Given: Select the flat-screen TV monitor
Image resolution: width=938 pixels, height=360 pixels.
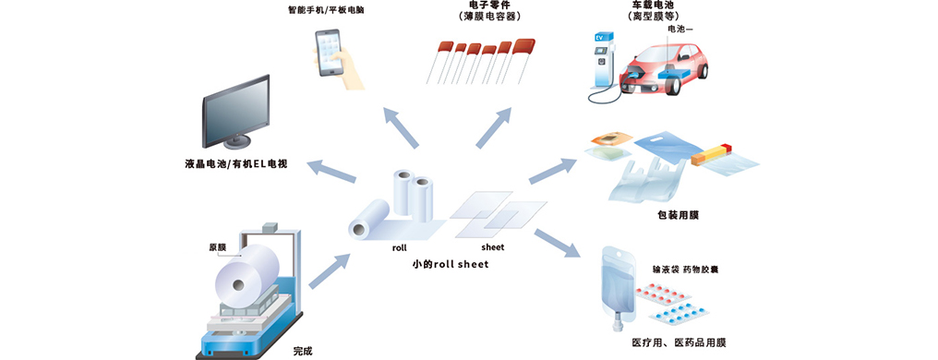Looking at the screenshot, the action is point(235,113).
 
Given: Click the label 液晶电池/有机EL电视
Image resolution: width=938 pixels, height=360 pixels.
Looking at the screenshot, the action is point(236,162).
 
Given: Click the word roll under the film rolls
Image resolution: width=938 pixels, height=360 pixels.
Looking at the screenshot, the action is point(400,246).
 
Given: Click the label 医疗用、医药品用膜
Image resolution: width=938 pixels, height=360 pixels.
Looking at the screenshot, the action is point(679,343).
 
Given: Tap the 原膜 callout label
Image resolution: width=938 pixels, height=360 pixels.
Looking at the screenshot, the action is point(217,246).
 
